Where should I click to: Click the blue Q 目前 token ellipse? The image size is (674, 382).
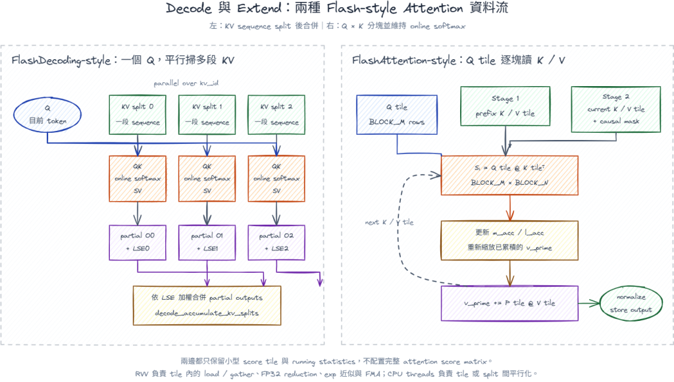[x=47, y=114]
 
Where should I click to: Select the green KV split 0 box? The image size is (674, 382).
[x=138, y=114]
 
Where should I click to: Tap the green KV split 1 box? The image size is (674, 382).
[x=207, y=114]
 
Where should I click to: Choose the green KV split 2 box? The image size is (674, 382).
[x=276, y=114]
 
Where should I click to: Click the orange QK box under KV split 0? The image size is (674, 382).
[x=138, y=179]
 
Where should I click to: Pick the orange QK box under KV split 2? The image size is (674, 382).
[x=276, y=179]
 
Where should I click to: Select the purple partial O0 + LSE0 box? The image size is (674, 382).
[x=138, y=243]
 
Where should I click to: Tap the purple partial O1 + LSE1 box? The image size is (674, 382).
[x=207, y=243]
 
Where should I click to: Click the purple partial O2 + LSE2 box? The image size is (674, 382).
[x=276, y=243]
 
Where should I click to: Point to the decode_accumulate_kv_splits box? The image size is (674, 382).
[x=207, y=306]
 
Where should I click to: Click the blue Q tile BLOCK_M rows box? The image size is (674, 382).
[x=397, y=114]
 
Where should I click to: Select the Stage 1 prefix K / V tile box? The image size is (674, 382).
[x=505, y=106]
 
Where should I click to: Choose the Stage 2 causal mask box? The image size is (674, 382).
[x=616, y=109]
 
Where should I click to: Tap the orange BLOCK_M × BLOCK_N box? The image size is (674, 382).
[x=509, y=176]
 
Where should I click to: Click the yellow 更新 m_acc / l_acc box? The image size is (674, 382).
[x=509, y=241]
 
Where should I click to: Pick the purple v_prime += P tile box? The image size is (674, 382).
[x=509, y=304]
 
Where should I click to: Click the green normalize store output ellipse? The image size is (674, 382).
[x=631, y=304]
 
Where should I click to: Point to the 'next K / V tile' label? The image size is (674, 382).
[x=389, y=222]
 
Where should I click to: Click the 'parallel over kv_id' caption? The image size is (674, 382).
[x=186, y=84]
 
